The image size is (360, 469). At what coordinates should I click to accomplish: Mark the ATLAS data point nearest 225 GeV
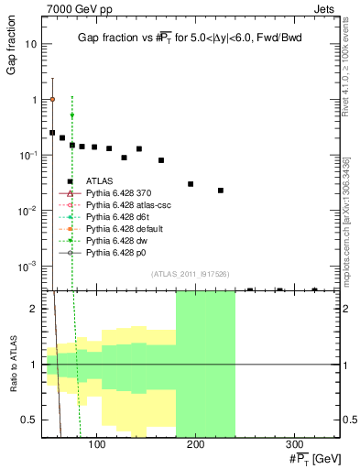coord(221,191)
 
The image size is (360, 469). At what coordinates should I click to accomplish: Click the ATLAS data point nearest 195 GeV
coord(191,184)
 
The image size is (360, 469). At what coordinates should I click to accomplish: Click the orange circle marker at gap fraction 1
coord(52,99)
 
